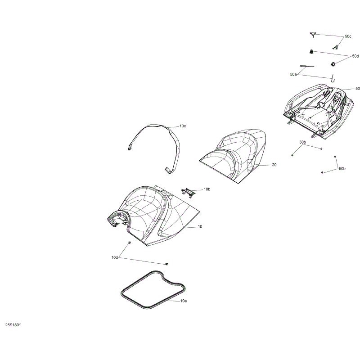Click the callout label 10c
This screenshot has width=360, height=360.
183,126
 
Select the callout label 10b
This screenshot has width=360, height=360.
207,189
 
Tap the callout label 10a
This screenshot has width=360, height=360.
184,301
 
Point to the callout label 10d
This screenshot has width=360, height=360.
115,257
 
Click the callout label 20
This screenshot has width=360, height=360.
274,165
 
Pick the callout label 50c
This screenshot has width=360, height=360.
348,36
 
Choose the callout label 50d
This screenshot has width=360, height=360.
355,56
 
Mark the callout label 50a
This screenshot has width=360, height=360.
293,74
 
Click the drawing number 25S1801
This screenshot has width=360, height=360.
13,325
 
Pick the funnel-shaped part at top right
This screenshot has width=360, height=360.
313,35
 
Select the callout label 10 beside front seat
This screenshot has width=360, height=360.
200,227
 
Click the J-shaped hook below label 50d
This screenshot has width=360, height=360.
333,78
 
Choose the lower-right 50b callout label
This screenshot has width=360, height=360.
342,169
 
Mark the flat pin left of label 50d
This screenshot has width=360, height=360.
307,66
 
